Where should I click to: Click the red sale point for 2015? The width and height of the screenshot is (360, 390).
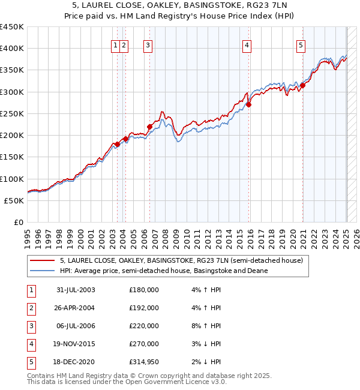point(248,104)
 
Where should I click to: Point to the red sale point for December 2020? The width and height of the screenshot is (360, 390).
point(303,85)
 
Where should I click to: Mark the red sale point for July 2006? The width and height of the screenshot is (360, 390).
point(149,127)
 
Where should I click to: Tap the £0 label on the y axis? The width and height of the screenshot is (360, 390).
point(18,223)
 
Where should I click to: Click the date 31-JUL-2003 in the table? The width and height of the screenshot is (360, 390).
point(76,290)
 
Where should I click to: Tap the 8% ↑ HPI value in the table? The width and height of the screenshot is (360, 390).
point(208,326)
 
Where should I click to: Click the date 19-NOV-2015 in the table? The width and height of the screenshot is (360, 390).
point(76,344)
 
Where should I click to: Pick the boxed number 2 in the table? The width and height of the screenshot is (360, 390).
point(31,308)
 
